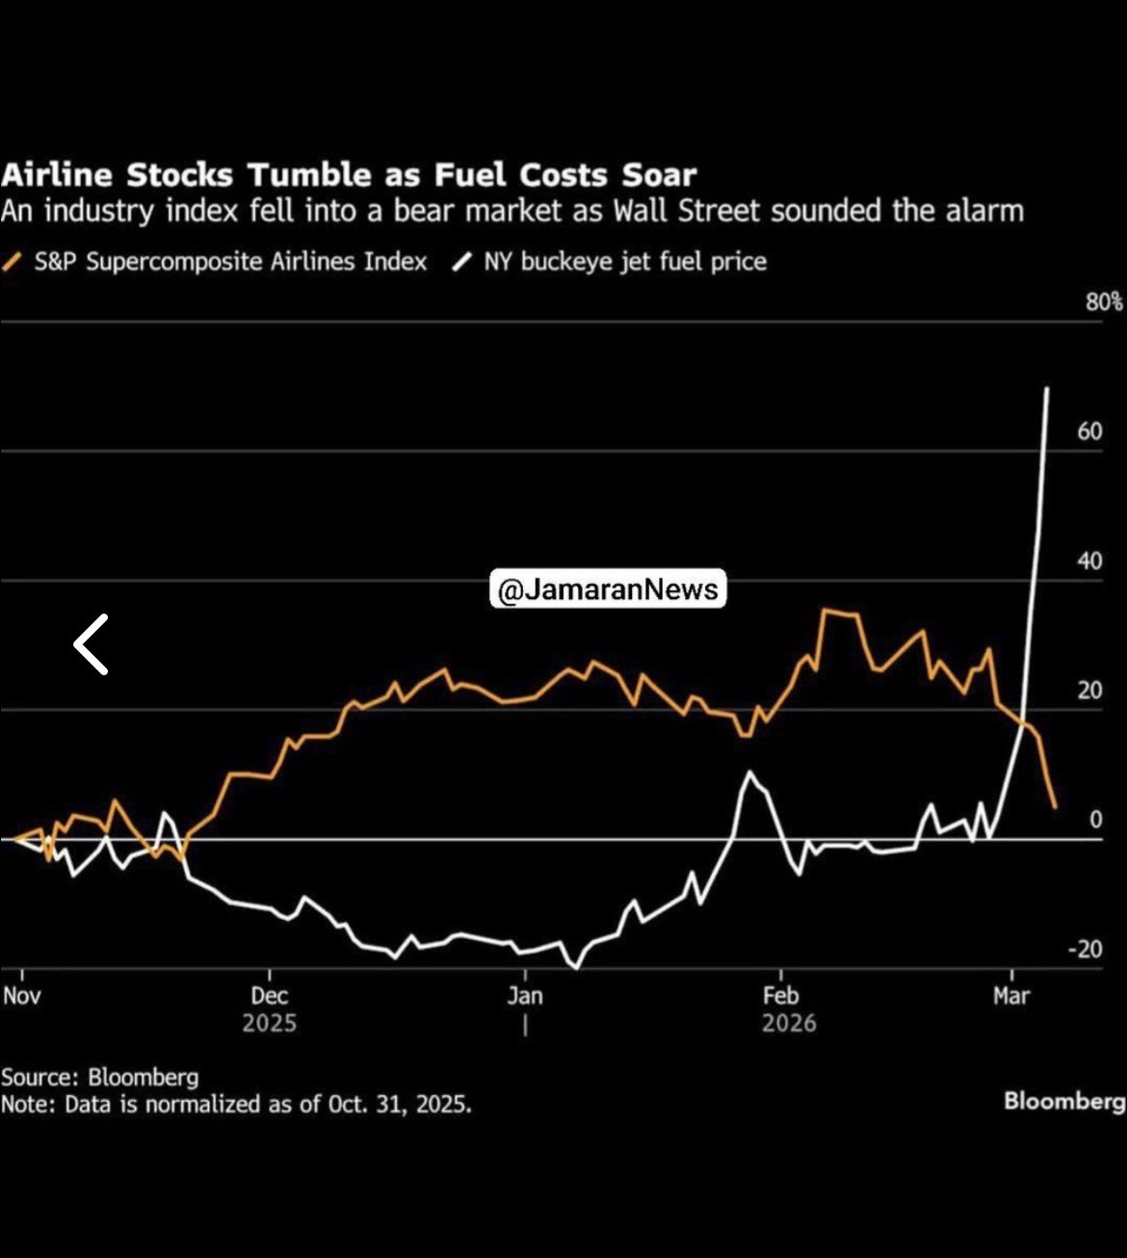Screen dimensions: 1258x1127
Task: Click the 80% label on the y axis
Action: pos(1104,301)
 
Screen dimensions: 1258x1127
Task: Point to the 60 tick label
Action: pos(1089,432)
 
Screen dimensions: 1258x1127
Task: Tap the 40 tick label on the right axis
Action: pos(1089,561)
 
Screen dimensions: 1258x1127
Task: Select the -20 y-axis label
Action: pos(1085,949)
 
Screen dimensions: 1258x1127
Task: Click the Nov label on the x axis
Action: pos(21,995)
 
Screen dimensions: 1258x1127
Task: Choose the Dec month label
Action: pos(269,995)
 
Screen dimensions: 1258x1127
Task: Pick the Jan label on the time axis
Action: pos(525,995)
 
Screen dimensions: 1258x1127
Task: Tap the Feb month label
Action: pos(780,995)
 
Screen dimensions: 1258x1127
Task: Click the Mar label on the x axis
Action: pos(1011,995)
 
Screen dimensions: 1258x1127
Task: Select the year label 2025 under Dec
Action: pos(269,1023)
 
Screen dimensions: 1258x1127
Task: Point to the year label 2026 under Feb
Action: pos(789,1023)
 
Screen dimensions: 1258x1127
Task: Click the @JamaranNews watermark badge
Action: pos(608,589)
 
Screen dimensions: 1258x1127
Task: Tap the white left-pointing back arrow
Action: pos(92,644)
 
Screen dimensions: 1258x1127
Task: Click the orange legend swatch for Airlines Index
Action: pos(13,262)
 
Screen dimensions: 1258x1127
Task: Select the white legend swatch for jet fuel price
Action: pos(462,262)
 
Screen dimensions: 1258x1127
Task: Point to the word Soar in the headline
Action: pos(659,175)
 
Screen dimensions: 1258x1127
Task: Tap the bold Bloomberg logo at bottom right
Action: pos(1064,1101)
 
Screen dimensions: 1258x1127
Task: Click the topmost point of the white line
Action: pos(1047,388)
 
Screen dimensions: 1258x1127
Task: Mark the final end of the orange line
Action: pos(1056,807)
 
